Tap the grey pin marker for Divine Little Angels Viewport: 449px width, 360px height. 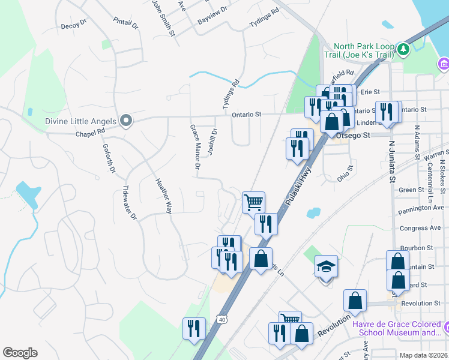click(126, 121)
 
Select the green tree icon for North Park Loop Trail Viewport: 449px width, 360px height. click(403, 49)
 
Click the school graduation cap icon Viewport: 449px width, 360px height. click(327, 266)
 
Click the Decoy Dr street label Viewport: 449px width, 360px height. click(74, 26)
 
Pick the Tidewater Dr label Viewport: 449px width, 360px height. click(130, 202)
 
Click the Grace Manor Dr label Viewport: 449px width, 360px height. click(194, 147)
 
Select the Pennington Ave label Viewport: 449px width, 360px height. click(422, 208)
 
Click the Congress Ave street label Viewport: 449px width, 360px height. click(420, 229)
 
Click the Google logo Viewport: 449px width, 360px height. click(20, 352)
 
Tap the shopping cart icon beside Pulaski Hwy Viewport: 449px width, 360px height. click(253, 202)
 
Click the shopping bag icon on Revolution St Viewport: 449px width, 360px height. click(355, 301)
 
